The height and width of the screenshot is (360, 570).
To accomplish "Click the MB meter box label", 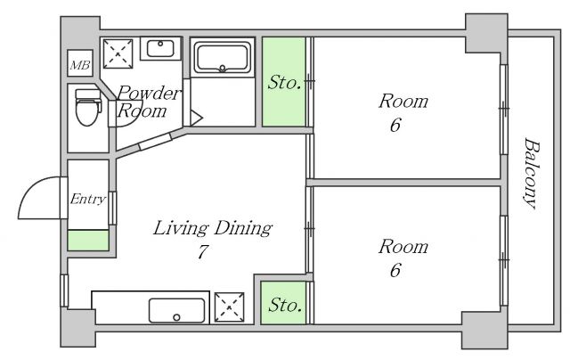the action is (80, 65).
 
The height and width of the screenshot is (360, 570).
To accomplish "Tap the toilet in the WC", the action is (87, 107).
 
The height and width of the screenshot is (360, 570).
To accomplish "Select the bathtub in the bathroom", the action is (223, 57).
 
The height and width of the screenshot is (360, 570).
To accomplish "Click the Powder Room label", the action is (148, 102).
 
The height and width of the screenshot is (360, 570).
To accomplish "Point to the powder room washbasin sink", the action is (160, 48).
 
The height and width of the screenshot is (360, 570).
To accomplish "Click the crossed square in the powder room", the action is (118, 53).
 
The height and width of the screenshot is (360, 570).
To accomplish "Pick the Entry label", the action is (87, 199).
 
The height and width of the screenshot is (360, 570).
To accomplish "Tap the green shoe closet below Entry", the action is (88, 241).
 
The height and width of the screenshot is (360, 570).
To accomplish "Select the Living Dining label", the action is (212, 228).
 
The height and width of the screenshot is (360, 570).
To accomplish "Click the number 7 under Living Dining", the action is (203, 251).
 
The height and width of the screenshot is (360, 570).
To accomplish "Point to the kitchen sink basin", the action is (177, 311).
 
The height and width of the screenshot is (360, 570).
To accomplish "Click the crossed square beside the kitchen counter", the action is (229, 307).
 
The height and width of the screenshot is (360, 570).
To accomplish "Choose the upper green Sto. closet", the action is (284, 82).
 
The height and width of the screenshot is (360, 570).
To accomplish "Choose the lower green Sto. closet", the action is (283, 303).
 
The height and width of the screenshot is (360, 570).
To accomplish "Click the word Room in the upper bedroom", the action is (403, 101).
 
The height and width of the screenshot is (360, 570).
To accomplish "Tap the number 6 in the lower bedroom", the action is (395, 270).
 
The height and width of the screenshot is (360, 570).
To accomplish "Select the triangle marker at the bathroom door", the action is (196, 119).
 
